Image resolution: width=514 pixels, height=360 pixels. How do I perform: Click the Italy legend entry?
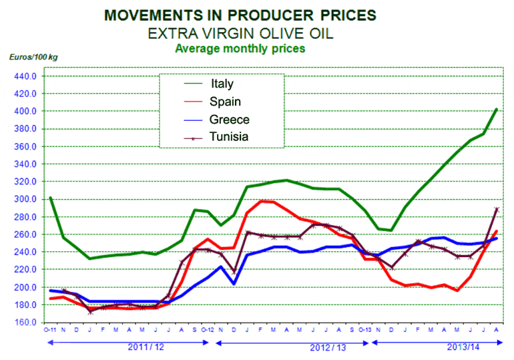tap(222, 84)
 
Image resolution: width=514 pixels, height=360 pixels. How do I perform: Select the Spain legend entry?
tap(225, 102)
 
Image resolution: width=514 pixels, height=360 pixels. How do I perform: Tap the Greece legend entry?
tap(228, 120)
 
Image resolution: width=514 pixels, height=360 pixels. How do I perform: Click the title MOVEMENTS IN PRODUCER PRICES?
tap(239, 15)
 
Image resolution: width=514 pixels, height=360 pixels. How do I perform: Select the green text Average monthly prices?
tap(239, 48)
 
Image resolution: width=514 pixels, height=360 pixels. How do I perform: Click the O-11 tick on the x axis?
tap(49, 331)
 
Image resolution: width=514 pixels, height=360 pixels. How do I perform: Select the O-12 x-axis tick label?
tap(208, 331)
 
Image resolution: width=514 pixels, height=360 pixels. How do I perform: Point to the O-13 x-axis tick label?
tap(364, 331)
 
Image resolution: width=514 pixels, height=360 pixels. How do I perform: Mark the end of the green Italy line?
tap(497, 110)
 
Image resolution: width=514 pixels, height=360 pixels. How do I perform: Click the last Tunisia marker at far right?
tap(497, 209)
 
